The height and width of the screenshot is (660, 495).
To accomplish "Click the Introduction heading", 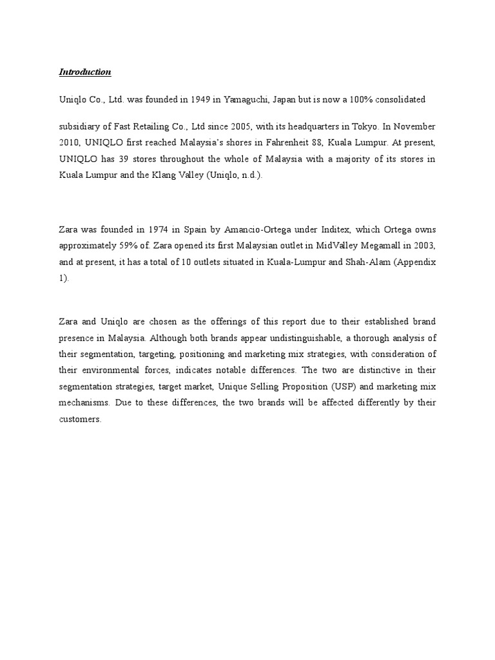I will point(85,72).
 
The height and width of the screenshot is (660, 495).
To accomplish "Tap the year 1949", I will point(209,100).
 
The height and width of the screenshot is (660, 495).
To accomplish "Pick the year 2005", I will point(238,127).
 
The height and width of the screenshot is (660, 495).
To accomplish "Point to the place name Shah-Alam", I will point(362,262).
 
